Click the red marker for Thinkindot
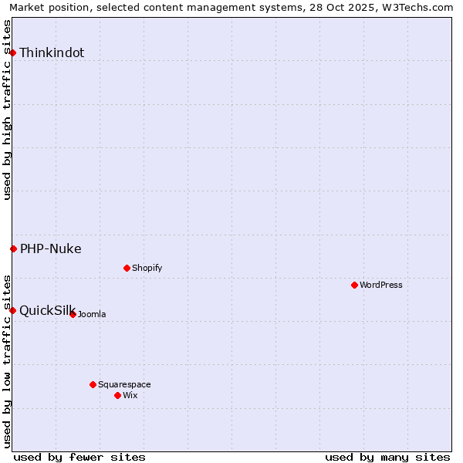[13, 52]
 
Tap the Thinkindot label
[52, 53]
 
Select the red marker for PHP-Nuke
[13, 248]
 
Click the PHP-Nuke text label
[51, 249]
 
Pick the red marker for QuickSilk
[13, 310]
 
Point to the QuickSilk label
[47, 311]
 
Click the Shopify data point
[127, 268]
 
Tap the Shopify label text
[147, 269]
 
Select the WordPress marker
[354, 285]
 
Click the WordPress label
[381, 286]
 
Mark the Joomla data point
[73, 314]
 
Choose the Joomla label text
[92, 315]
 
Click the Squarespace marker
[93, 384]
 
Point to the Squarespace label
[124, 385]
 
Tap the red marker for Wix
[117, 395]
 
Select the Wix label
[130, 396]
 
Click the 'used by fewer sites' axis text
[79, 457]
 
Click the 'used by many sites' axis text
[387, 457]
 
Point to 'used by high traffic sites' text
[8, 110]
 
